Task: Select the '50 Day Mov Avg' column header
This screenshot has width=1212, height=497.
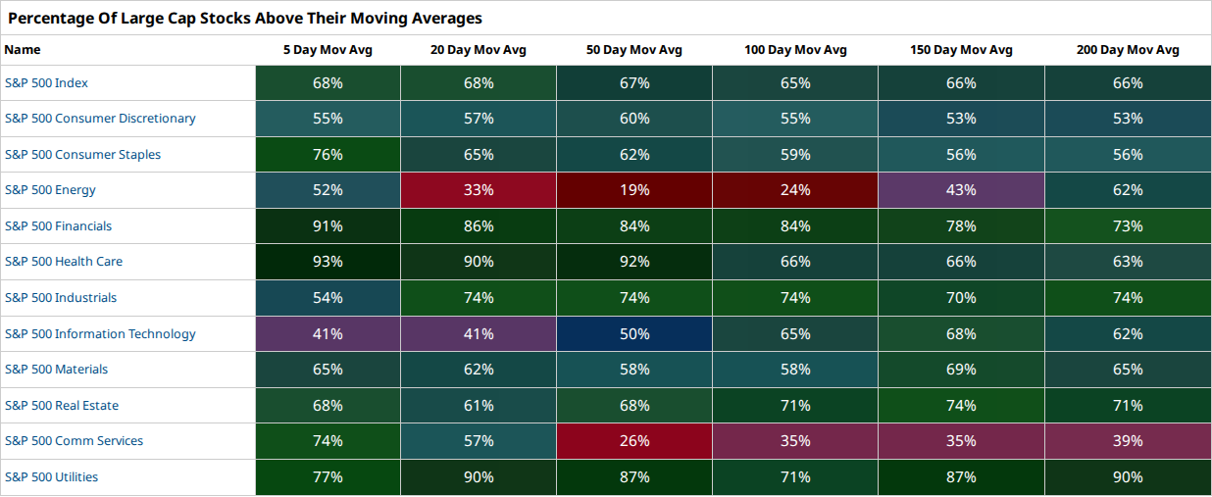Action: click(x=634, y=50)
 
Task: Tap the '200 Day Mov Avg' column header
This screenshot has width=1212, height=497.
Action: click(x=1128, y=50)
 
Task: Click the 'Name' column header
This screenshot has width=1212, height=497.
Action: click(x=23, y=50)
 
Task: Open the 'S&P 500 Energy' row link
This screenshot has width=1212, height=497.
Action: click(x=50, y=190)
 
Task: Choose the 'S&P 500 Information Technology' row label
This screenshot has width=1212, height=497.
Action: click(x=100, y=333)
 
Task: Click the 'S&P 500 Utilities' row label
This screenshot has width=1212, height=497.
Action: click(x=51, y=477)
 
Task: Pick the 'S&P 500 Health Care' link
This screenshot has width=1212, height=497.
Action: click(x=64, y=261)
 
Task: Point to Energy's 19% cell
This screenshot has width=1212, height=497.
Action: click(x=634, y=190)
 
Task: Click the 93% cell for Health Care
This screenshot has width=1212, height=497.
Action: click(x=328, y=261)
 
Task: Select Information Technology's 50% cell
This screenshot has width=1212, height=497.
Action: click(x=634, y=333)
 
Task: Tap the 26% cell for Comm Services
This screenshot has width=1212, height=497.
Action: click(x=634, y=441)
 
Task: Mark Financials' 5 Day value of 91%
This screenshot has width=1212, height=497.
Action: click(x=328, y=225)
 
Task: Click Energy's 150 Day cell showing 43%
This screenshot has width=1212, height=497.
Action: click(x=961, y=190)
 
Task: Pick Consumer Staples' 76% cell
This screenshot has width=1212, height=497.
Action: click(x=328, y=154)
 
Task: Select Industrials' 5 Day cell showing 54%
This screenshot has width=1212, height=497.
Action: click(x=328, y=297)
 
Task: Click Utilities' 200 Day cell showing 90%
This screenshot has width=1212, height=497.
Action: click(x=1128, y=477)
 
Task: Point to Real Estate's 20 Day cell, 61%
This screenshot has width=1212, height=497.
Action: click(x=479, y=405)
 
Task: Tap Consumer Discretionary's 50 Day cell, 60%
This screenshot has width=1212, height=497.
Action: click(x=634, y=118)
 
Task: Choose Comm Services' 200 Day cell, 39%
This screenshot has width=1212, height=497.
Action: click(x=1128, y=441)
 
